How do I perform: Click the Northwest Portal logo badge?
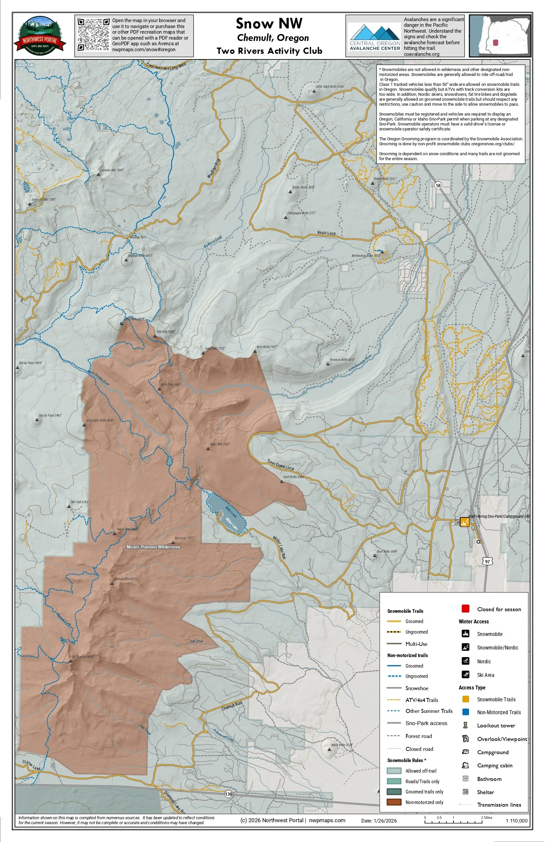point(40,36)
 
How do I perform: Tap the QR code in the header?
point(93,35)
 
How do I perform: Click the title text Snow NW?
point(269,24)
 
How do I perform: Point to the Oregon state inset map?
point(500,36)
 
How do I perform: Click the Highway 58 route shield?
point(438,185)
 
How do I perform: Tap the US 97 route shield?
point(487,561)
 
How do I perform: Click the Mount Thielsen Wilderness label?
point(153,547)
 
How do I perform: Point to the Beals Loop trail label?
point(326,233)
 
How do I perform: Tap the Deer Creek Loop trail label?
point(281,465)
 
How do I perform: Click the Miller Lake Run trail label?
point(279,548)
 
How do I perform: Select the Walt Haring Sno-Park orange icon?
point(464,522)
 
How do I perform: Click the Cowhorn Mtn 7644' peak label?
point(112,170)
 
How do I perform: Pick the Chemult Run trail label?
point(232,706)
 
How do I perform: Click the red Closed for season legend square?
point(465,609)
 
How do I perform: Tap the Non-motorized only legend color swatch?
point(393,802)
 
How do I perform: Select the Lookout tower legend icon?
point(465,725)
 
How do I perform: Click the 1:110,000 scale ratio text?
point(516,821)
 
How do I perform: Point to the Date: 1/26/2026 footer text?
point(379,821)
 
